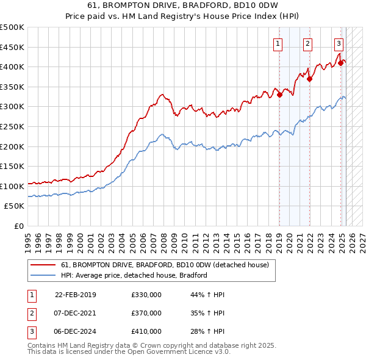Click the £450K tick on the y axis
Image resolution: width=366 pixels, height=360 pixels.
[12, 47]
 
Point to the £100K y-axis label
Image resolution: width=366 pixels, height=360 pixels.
[12, 186]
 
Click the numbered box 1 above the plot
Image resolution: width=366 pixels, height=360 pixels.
[278, 43]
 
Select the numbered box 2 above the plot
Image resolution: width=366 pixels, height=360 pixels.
[307, 43]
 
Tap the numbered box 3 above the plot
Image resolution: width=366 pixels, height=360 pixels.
[339, 43]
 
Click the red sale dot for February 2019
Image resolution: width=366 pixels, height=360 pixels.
[279, 95]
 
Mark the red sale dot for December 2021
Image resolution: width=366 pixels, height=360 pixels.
[310, 78]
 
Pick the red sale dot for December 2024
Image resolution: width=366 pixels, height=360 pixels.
[340, 62]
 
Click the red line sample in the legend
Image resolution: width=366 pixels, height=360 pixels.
[43, 265]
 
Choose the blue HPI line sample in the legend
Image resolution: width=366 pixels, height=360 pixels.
[43, 275]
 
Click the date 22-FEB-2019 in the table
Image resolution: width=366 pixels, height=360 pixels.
[76, 295]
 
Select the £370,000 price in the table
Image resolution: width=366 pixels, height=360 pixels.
[146, 313]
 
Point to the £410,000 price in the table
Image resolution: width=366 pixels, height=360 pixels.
[146, 331]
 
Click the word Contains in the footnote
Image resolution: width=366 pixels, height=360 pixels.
[41, 345]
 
